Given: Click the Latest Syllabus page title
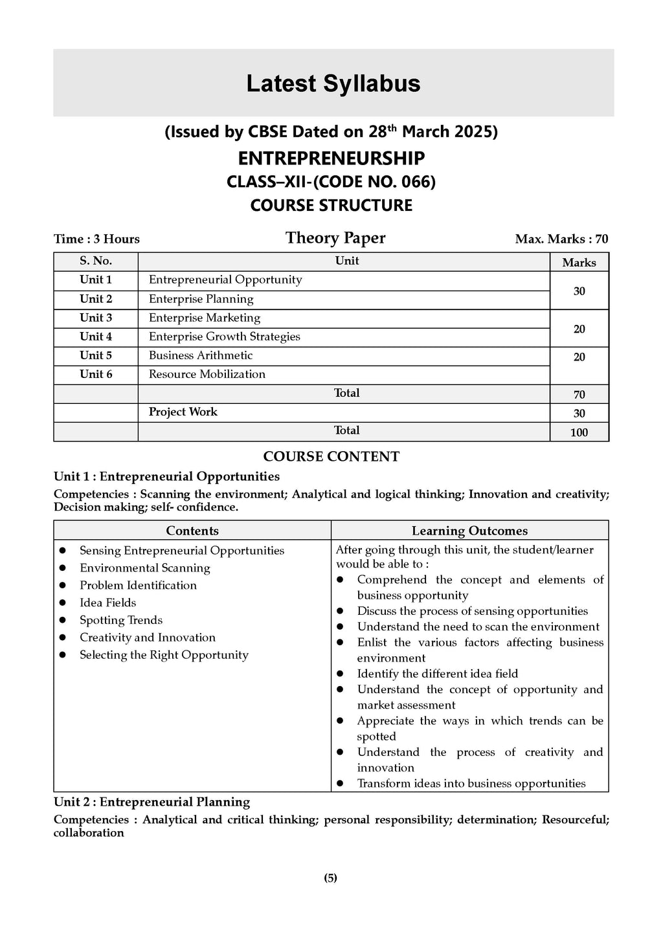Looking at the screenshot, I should [x=333, y=83].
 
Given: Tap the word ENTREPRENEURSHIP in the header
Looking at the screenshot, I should [x=331, y=158].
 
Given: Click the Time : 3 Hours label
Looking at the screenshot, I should [x=96, y=239].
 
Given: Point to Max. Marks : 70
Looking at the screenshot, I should [x=561, y=239].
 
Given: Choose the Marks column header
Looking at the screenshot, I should [x=579, y=262].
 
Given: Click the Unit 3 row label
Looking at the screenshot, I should [x=96, y=318].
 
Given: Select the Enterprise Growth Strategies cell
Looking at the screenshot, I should [x=224, y=337].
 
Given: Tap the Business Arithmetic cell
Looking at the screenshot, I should [x=201, y=355].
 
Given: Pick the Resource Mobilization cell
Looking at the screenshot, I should [x=207, y=374].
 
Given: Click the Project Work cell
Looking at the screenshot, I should [x=183, y=412].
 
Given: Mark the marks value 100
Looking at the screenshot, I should [x=579, y=432].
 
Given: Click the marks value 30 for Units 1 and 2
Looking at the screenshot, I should [x=579, y=291].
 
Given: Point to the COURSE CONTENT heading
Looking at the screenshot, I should [x=331, y=456].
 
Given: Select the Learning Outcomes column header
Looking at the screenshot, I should [x=469, y=531].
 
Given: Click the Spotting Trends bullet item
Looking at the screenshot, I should [x=120, y=620].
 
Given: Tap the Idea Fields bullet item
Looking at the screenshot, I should [x=107, y=603].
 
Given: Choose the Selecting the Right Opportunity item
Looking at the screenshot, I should [x=164, y=655].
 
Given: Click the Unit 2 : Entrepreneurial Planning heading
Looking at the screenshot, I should [x=152, y=802].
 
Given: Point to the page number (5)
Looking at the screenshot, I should [x=330, y=878].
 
